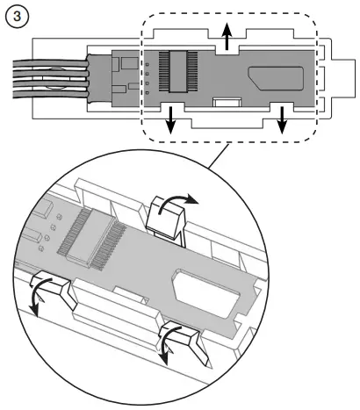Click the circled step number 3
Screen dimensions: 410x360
16,17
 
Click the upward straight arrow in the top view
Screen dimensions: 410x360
226,40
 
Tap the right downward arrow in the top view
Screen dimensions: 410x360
283,122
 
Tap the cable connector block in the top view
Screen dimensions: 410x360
121,77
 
